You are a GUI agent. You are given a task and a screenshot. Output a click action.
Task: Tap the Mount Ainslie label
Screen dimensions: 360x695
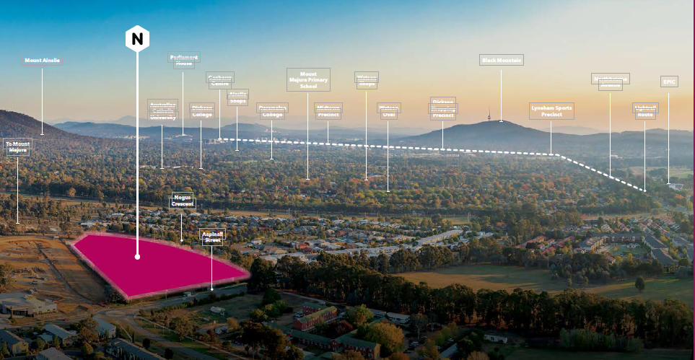(x=42, y=61)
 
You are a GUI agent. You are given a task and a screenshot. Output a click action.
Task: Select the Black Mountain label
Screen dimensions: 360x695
(x=502, y=60)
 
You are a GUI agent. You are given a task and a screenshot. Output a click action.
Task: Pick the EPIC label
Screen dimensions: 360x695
(x=669, y=82)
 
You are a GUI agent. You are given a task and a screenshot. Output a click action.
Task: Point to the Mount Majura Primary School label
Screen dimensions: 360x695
(x=308, y=79)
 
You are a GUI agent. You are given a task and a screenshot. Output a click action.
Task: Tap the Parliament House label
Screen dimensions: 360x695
(x=184, y=60)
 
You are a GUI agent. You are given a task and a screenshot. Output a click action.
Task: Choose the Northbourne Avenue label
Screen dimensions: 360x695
(x=610, y=81)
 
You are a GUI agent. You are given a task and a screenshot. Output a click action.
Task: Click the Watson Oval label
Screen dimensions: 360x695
(x=389, y=110)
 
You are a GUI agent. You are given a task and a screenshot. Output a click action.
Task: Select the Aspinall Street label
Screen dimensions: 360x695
(x=212, y=237)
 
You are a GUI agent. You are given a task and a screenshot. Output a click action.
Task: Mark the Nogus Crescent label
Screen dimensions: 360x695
(x=182, y=201)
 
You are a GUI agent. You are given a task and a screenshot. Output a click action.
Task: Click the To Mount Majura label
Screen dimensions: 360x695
(x=17, y=147)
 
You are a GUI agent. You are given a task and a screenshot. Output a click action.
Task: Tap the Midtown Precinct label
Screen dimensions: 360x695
(x=328, y=110)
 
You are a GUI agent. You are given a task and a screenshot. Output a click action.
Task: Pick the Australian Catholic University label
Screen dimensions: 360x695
(x=162, y=110)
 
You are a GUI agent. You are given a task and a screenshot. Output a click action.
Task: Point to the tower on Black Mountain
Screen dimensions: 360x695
(x=490, y=114)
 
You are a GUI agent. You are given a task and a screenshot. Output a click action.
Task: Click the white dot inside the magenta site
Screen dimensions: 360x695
(x=137, y=255)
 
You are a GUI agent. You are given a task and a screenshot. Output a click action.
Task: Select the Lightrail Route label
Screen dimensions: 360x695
(x=645, y=110)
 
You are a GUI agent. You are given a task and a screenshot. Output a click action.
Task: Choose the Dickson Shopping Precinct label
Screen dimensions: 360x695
(x=443, y=108)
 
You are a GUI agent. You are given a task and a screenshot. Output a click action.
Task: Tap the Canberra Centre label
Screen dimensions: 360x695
(x=220, y=79)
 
